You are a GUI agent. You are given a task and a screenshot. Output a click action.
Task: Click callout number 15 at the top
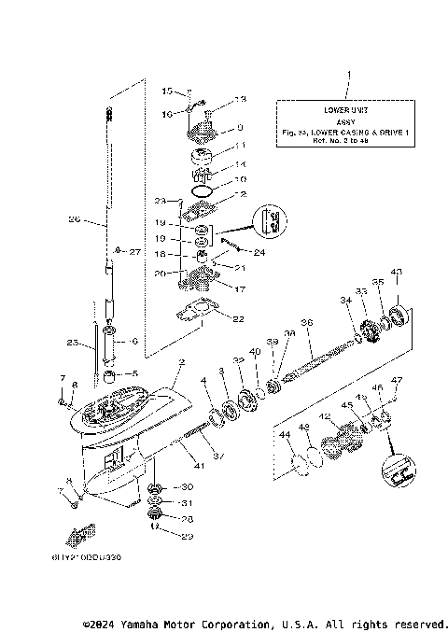(167, 91)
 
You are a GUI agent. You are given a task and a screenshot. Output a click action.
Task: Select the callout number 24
(259, 252)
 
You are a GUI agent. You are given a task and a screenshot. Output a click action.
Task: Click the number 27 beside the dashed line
(134, 252)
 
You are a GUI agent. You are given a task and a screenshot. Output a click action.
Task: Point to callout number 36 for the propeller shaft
(306, 322)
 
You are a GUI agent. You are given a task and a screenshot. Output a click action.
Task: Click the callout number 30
(186, 487)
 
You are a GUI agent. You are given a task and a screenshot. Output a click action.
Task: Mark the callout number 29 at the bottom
(186, 535)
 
